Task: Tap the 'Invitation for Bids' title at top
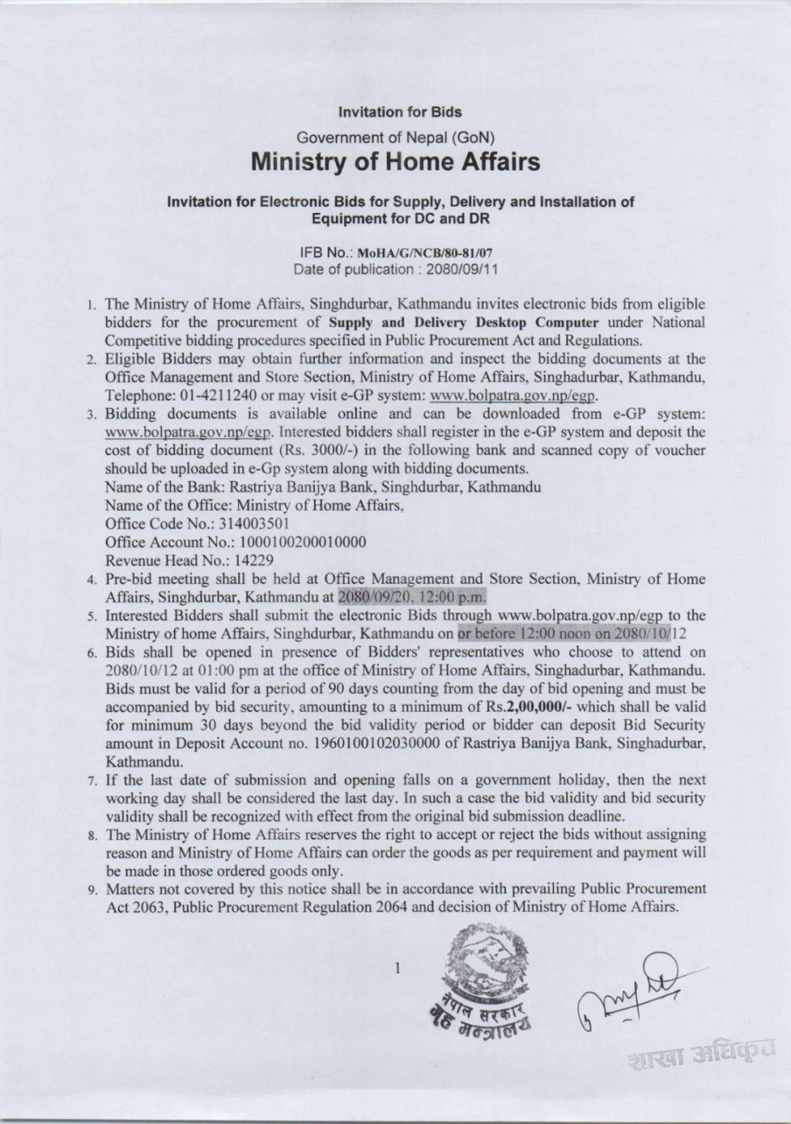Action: tap(400, 111)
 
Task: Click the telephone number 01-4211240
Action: tap(217, 395)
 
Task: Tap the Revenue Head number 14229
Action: tap(252, 559)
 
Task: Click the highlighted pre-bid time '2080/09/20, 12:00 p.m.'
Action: tap(412, 596)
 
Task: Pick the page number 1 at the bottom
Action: tap(396, 968)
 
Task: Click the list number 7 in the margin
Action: tap(95, 781)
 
